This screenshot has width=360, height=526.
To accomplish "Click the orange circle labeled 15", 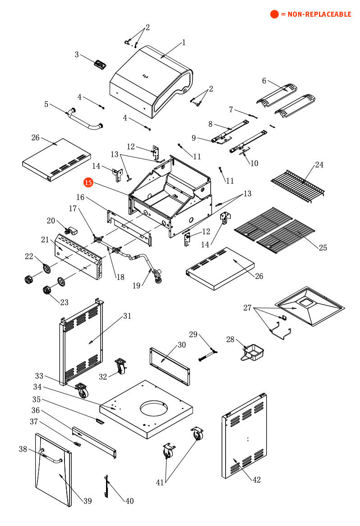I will (88, 182).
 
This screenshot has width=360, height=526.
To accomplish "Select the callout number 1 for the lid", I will (184, 42).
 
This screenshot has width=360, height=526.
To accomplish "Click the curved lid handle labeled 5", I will (84, 119).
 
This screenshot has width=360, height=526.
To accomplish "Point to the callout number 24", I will (319, 165).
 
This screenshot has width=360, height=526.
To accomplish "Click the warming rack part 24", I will (298, 186).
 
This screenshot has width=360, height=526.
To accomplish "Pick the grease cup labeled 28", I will (253, 351).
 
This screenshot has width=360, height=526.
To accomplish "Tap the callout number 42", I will (256, 479).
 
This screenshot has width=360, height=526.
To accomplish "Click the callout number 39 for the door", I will (88, 501).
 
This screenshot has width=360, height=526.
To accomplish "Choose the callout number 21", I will (45, 239).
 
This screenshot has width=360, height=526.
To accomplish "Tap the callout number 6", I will (264, 81).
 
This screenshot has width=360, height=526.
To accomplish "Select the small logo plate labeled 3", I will (100, 64).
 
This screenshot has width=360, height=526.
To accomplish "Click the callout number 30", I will (181, 345).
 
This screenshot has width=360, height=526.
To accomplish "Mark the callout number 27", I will (247, 308).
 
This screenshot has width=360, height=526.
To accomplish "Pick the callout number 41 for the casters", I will (160, 482).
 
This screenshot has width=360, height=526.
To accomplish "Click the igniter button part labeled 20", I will (70, 231).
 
